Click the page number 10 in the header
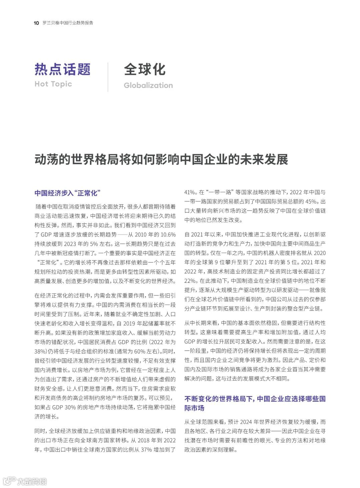[36, 23]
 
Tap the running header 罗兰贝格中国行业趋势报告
[68, 23]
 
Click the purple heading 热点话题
[63, 69]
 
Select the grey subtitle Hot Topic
[53, 84]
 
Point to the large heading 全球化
[145, 69]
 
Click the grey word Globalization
[148, 85]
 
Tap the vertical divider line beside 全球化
[108, 77]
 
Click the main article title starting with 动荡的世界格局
[161, 160]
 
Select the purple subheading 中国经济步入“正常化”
[68, 193]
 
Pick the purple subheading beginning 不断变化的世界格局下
[255, 403]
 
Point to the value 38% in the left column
[40, 351]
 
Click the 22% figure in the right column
[190, 281]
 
